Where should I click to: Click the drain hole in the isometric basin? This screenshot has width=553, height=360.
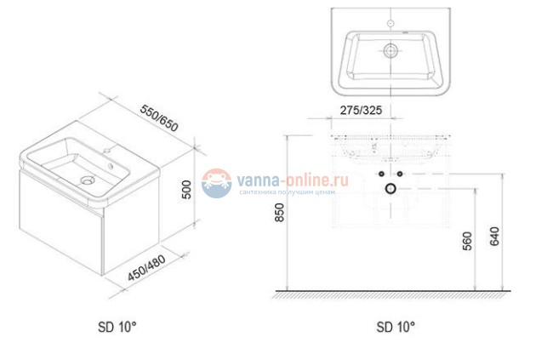88,180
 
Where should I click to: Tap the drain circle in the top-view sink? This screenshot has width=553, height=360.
391,51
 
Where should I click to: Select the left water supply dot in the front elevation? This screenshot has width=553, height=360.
380,175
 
